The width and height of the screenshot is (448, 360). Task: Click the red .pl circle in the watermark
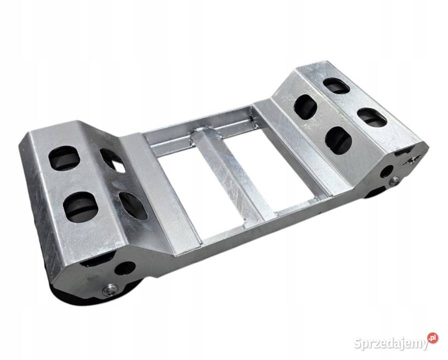433,337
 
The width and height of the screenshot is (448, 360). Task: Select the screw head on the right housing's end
395,180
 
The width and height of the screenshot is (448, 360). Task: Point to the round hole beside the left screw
124,268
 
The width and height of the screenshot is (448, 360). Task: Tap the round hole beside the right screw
386,171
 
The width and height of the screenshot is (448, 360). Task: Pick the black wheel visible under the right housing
376,193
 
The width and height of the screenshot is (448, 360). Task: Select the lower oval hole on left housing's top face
80,207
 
